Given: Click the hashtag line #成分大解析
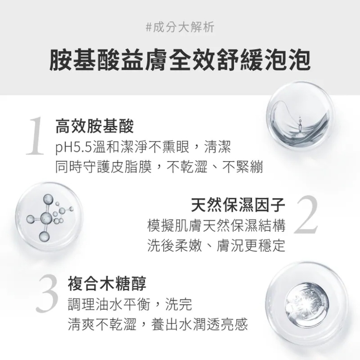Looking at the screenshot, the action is coord(180,27).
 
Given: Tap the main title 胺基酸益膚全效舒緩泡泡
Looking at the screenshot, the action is coord(180,60).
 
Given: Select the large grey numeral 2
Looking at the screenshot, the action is coord(306,214).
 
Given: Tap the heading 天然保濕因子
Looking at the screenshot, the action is coord(238,205).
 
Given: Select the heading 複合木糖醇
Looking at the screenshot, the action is coord(107,284).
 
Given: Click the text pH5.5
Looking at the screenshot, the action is coord(74,147).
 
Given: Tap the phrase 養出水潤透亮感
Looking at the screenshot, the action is coord(199,324).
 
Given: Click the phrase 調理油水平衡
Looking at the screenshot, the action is coord(109,304).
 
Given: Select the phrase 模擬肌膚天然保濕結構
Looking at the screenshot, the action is coord(216,226).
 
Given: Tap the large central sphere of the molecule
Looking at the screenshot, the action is coord(47,218).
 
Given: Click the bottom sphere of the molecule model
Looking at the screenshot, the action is coord(44,236).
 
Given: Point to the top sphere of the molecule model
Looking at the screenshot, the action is coord(48,199).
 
